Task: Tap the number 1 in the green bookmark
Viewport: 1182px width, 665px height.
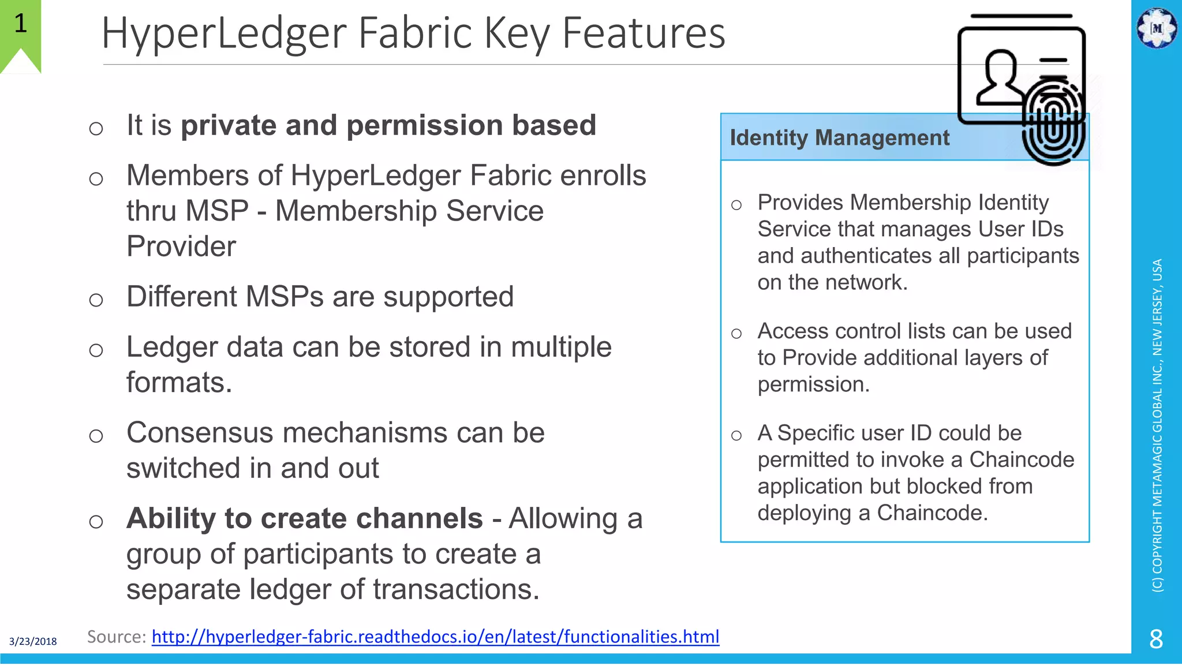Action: [x=20, y=24]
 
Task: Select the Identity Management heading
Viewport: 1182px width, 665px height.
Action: [x=839, y=138]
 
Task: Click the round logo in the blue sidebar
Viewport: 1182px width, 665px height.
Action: [x=1156, y=28]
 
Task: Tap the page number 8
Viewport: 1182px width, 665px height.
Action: [x=1156, y=639]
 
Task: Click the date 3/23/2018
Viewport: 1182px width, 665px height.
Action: [x=33, y=641]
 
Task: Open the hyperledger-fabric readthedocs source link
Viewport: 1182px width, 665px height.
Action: [x=435, y=637]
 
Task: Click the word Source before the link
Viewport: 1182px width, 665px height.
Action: [x=115, y=637]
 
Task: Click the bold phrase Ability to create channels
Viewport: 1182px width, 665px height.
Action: [x=304, y=518]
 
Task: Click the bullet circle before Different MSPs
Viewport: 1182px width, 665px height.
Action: [x=96, y=300]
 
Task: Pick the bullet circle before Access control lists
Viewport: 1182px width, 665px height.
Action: [x=736, y=334]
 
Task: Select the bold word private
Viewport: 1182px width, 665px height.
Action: [x=229, y=125]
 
